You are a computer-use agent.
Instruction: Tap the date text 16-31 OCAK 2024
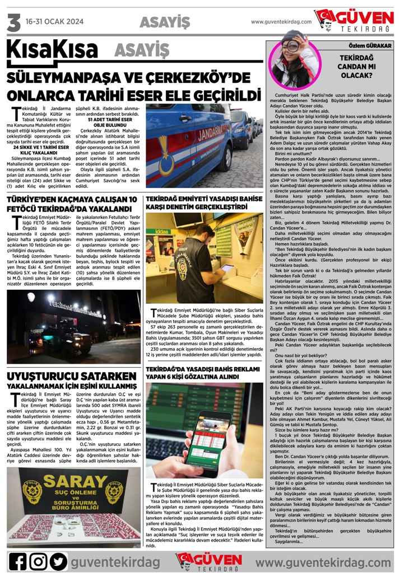pyautogui.click(x=54, y=22)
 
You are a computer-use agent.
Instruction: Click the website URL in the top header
pyautogui.click(x=280, y=22)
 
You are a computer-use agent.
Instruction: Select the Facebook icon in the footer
pyautogui.click(x=18, y=561)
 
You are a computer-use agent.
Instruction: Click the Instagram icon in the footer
pyautogui.click(x=38, y=561)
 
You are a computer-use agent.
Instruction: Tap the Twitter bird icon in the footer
pyautogui.click(x=58, y=561)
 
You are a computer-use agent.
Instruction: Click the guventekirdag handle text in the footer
pyautogui.click(x=115, y=561)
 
